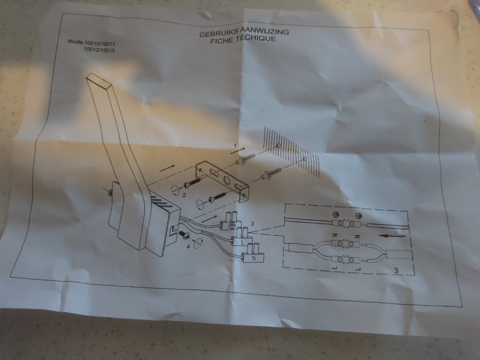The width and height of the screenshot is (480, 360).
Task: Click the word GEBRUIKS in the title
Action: tap(219, 32)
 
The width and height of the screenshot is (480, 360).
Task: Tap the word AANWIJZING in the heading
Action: tap(265, 31)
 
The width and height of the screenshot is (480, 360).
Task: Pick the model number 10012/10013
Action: tap(99, 50)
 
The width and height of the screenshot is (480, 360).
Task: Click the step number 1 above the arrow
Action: tap(235, 145)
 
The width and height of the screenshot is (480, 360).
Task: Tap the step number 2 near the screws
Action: tap(184, 195)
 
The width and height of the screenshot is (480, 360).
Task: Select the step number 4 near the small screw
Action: tap(188, 245)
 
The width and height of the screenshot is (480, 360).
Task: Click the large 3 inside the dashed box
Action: tap(396, 270)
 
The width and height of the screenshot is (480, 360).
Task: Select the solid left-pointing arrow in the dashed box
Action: tap(392, 236)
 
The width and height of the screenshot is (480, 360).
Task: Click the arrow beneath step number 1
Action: tap(237, 150)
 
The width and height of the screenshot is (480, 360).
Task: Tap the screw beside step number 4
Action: tap(183, 234)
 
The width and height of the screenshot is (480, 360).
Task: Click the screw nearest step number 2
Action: tap(191, 183)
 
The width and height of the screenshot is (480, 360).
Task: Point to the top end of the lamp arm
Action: tap(98, 81)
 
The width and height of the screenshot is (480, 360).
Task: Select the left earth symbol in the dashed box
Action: tap(335, 214)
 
